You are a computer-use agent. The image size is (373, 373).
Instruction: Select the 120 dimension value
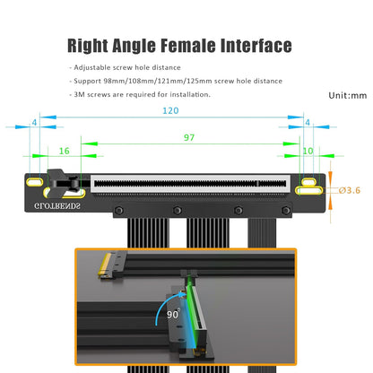[x=170, y=111]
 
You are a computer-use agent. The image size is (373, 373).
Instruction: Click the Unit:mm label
[x=348, y=94]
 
